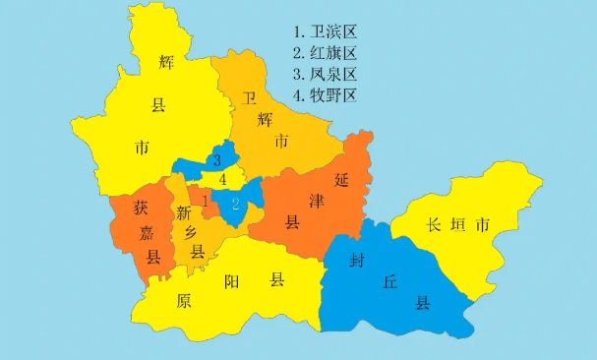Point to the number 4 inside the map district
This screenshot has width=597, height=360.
click(223, 180)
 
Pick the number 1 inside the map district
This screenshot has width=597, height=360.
click(205, 201)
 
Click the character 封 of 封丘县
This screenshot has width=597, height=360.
click(360, 261)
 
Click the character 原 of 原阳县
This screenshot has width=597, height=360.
click(183, 301)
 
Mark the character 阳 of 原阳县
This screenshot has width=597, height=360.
click(231, 281)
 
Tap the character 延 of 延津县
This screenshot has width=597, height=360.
click(342, 180)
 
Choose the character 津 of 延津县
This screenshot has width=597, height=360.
click(317, 203)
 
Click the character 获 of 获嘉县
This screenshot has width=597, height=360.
click(142, 209)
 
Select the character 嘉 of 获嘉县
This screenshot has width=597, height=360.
click(147, 234)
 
